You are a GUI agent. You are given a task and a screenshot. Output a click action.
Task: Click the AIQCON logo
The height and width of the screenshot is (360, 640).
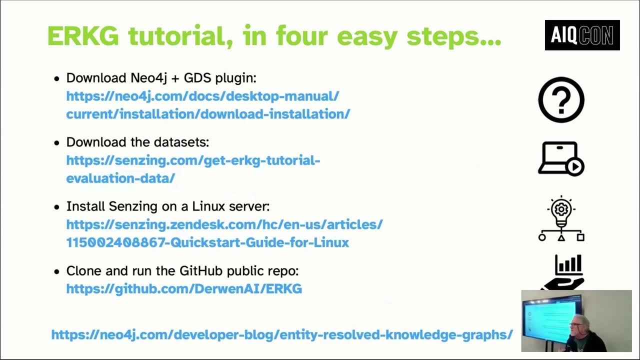pyautogui.click(x=582, y=35)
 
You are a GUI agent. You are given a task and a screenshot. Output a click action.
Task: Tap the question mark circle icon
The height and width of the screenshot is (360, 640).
pyautogui.click(x=561, y=99)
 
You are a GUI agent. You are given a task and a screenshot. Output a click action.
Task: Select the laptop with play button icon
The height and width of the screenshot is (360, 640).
pyautogui.click(x=561, y=158)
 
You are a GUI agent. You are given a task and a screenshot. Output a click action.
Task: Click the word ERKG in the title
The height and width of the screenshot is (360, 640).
pyautogui.click(x=83, y=36)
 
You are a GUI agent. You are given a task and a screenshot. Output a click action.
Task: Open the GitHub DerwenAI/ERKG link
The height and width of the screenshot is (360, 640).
pyautogui.click(x=184, y=288)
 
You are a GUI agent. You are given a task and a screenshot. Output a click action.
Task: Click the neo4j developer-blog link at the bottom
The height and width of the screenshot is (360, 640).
pyautogui.click(x=282, y=334)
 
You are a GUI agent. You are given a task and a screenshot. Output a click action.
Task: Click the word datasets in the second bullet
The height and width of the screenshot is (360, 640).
pyautogui.click(x=182, y=142)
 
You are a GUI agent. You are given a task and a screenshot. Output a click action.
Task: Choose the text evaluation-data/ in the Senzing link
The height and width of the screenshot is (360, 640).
pyautogui.click(x=120, y=178)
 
